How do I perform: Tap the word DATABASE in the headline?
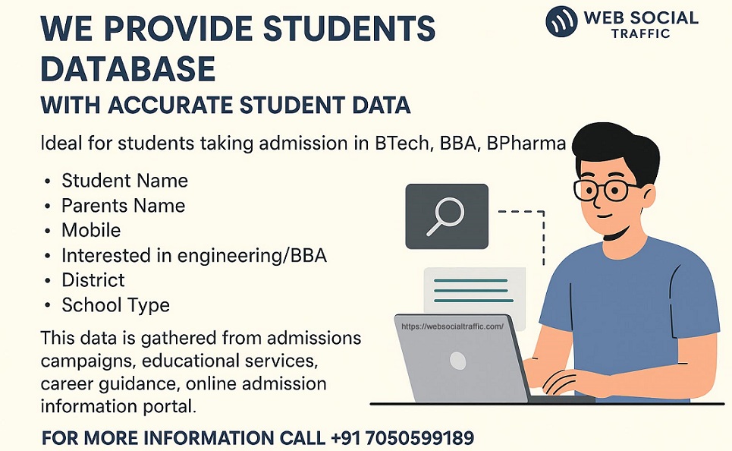(x=127, y=69)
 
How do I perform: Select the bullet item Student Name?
(x=124, y=181)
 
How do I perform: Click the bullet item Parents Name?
(x=123, y=206)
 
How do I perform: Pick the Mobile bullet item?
(x=91, y=230)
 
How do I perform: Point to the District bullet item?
(x=93, y=280)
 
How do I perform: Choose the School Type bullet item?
(x=115, y=305)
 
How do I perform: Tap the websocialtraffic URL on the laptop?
(x=452, y=326)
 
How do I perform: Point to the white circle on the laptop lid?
(x=458, y=360)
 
